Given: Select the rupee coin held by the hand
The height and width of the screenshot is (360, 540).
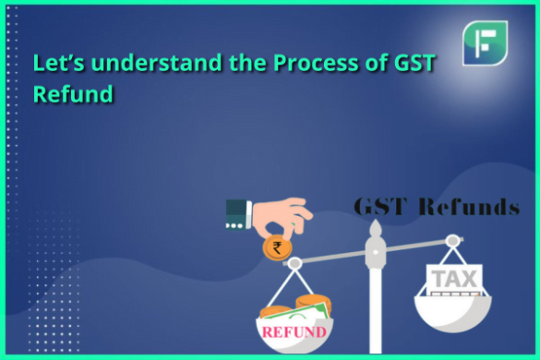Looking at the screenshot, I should (277, 246).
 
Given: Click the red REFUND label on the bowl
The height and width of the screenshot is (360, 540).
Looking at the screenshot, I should (294, 331).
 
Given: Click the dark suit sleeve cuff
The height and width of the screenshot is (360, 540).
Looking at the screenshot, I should (236, 215).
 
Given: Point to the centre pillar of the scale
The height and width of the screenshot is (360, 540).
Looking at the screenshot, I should (376, 295).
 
